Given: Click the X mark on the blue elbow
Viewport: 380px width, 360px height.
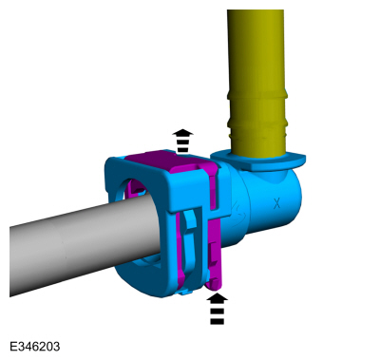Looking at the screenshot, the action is pyautogui.click(x=277, y=203).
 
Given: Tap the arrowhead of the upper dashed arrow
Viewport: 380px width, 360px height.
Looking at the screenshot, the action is pyautogui.click(x=183, y=133).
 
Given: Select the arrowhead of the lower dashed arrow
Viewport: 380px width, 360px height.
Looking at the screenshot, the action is pyautogui.click(x=217, y=298).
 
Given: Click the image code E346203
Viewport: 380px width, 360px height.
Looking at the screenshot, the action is pyautogui.click(x=34, y=346).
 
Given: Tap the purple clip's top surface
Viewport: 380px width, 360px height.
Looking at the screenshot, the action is pyautogui.click(x=171, y=161).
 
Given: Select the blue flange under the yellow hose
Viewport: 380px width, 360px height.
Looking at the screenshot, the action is pyautogui.click(x=258, y=160).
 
